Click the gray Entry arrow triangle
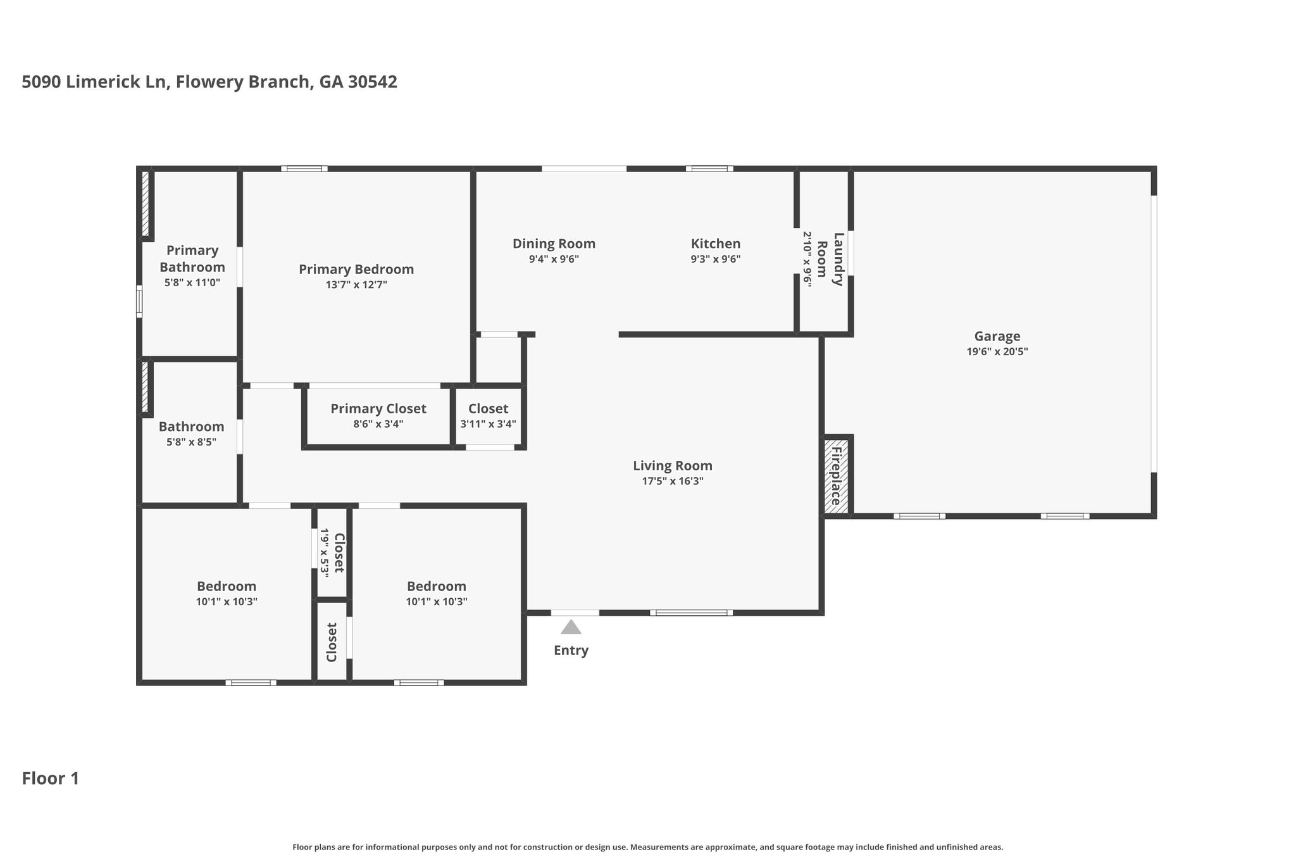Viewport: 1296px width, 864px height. (x=571, y=627)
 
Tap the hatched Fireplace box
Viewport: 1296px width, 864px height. (x=836, y=476)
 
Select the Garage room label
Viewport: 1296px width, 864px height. (x=997, y=337)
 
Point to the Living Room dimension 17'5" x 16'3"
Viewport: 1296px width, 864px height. (x=673, y=481)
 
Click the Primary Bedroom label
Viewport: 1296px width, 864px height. (x=356, y=270)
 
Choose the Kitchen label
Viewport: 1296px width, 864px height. (x=716, y=244)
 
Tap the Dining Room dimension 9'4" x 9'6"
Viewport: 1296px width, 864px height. (x=554, y=259)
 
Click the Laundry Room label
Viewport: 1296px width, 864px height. (x=830, y=260)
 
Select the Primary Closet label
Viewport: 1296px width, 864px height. (x=378, y=409)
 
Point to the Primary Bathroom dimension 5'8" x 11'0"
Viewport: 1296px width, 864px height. (x=192, y=282)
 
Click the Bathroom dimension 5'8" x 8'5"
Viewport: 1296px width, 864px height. (x=191, y=442)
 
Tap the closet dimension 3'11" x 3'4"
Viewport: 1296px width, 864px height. (x=488, y=423)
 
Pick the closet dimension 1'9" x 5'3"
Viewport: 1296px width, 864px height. (x=325, y=553)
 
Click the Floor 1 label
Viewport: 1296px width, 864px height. (x=51, y=779)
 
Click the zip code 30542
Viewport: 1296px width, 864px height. (x=373, y=82)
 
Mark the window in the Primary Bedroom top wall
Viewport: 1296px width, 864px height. (x=304, y=169)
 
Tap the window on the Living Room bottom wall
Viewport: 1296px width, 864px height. (x=692, y=613)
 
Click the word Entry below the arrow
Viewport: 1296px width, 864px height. (x=571, y=651)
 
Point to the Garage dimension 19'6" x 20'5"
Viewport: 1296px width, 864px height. (x=997, y=352)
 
